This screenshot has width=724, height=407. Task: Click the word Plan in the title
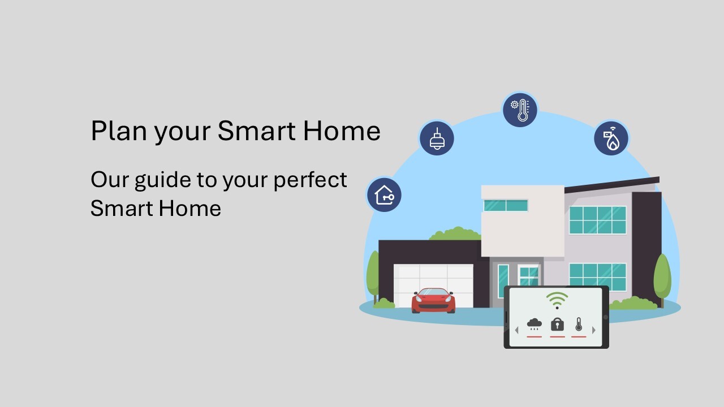[119, 131]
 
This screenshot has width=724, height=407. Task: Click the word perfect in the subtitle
[311, 180]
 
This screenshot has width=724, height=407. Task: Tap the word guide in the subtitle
[163, 180]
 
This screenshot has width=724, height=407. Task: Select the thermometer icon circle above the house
[520, 110]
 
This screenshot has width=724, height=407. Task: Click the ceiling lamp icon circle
[437, 138]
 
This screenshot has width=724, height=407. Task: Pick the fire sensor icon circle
[611, 138]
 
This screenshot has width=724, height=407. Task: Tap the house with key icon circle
[384, 195]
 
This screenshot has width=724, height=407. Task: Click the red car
[433, 300]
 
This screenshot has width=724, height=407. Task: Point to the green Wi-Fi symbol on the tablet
[557, 300]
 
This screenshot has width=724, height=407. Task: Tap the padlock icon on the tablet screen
[557, 324]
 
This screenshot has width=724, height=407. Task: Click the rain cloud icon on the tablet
[535, 324]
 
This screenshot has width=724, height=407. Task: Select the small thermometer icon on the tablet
[579, 324]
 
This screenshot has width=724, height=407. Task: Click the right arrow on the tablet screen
[594, 330]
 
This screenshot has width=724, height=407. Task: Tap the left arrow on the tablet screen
[516, 330]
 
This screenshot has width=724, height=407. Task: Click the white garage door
[433, 284]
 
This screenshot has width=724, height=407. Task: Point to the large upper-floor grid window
[598, 220]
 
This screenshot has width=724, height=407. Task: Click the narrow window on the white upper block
[506, 205]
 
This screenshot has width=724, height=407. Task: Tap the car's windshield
[433, 292]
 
